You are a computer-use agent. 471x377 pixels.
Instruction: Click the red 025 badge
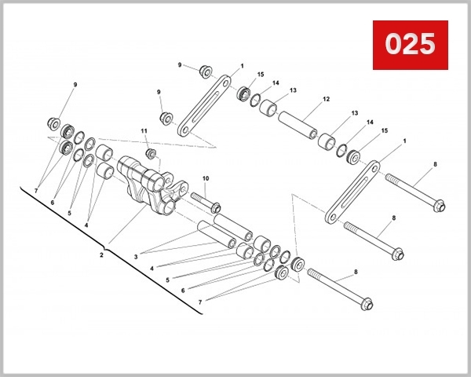pyautogui.click(x=409, y=44)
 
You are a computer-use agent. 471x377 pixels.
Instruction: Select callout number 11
pyautogui.click(x=144, y=130)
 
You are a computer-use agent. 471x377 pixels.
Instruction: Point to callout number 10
pyautogui.click(x=205, y=179)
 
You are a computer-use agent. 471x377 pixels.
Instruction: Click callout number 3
pyautogui.click(x=135, y=256)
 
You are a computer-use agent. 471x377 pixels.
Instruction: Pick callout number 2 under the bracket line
pyautogui.click(x=101, y=254)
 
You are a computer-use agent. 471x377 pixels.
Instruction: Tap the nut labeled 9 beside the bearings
pyautogui.click(x=54, y=123)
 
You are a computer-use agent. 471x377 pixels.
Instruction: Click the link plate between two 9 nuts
pyautogui.click(x=203, y=103)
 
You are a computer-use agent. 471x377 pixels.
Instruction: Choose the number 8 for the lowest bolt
pyautogui.click(x=355, y=272)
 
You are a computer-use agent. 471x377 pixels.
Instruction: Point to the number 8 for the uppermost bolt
pyautogui.click(x=434, y=165)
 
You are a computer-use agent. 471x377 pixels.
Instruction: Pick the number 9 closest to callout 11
pyautogui.click(x=158, y=91)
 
